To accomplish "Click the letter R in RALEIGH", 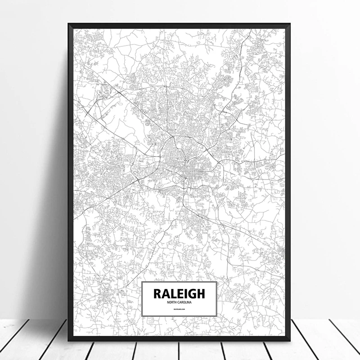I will [x=158, y=294].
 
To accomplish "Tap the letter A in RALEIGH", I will [x=166, y=294].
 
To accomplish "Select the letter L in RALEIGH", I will [x=173, y=294].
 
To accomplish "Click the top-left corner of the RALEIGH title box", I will [x=142, y=282].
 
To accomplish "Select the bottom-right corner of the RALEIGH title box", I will [x=216, y=316].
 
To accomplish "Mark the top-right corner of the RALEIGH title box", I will [x=216, y=282].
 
